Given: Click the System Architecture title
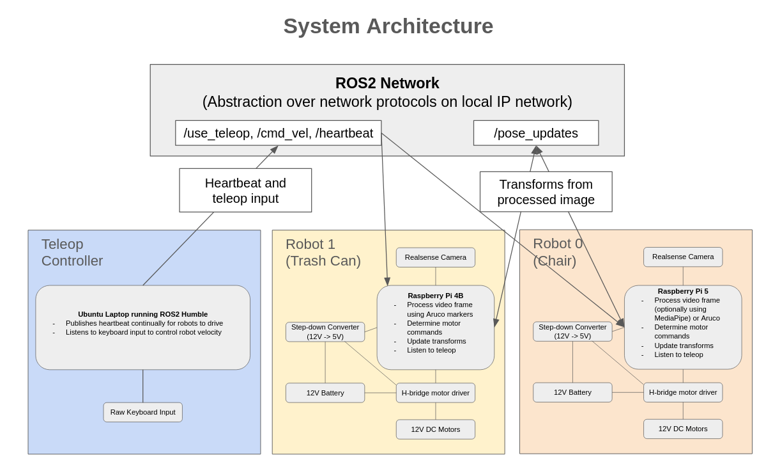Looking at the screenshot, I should point(388,26).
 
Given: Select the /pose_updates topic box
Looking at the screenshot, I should point(535,133).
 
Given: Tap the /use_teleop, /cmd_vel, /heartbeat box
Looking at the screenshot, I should point(278,133).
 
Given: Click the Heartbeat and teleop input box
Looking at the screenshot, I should point(245,190).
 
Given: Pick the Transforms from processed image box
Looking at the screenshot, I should point(546,191).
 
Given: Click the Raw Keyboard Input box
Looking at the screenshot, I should point(142,412).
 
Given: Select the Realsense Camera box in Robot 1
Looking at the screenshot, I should point(435,257).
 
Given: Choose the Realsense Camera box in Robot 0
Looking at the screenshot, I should point(682,257).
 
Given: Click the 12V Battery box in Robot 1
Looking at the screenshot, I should point(325,393).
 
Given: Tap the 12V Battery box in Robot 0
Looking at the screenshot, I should point(572,392).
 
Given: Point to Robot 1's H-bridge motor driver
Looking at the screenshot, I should point(435,393).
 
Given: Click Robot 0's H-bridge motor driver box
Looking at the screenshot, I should point(682,392).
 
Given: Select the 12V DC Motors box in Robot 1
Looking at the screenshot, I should point(435,429).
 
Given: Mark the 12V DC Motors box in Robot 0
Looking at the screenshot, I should point(682,429).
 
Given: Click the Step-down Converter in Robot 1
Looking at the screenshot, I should point(325,331).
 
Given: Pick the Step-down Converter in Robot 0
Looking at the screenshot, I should point(572,331).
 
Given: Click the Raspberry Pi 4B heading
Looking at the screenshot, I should point(435,296).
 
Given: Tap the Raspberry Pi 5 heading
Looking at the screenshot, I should point(682,291).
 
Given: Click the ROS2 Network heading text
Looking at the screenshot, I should point(387,83).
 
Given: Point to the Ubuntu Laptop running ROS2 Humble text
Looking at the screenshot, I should point(142,314).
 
